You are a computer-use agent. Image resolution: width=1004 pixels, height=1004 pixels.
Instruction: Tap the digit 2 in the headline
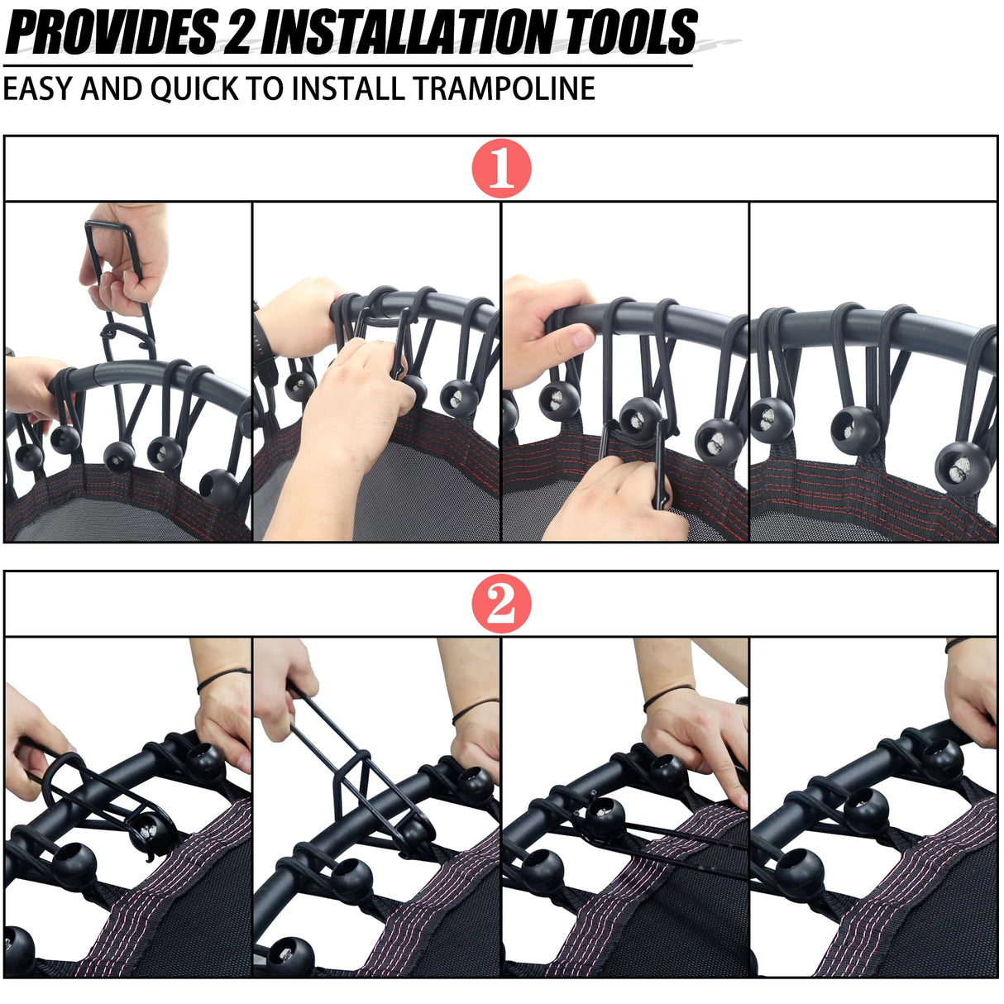(x=237, y=32)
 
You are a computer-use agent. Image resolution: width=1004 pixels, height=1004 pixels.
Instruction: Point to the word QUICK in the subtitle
(x=194, y=88)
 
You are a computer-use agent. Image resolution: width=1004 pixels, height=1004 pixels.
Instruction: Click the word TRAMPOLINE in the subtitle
(x=504, y=88)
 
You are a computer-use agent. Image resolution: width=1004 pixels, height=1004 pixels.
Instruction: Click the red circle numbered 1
(x=501, y=168)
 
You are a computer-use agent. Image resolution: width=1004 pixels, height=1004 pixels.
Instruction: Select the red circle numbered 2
(x=501, y=604)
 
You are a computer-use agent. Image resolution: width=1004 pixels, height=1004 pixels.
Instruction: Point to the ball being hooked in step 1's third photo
(x=641, y=419)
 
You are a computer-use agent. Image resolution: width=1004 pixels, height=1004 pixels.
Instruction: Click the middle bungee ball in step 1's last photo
(x=855, y=430)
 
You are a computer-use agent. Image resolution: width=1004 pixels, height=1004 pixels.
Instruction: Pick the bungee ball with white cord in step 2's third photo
(x=605, y=817)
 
